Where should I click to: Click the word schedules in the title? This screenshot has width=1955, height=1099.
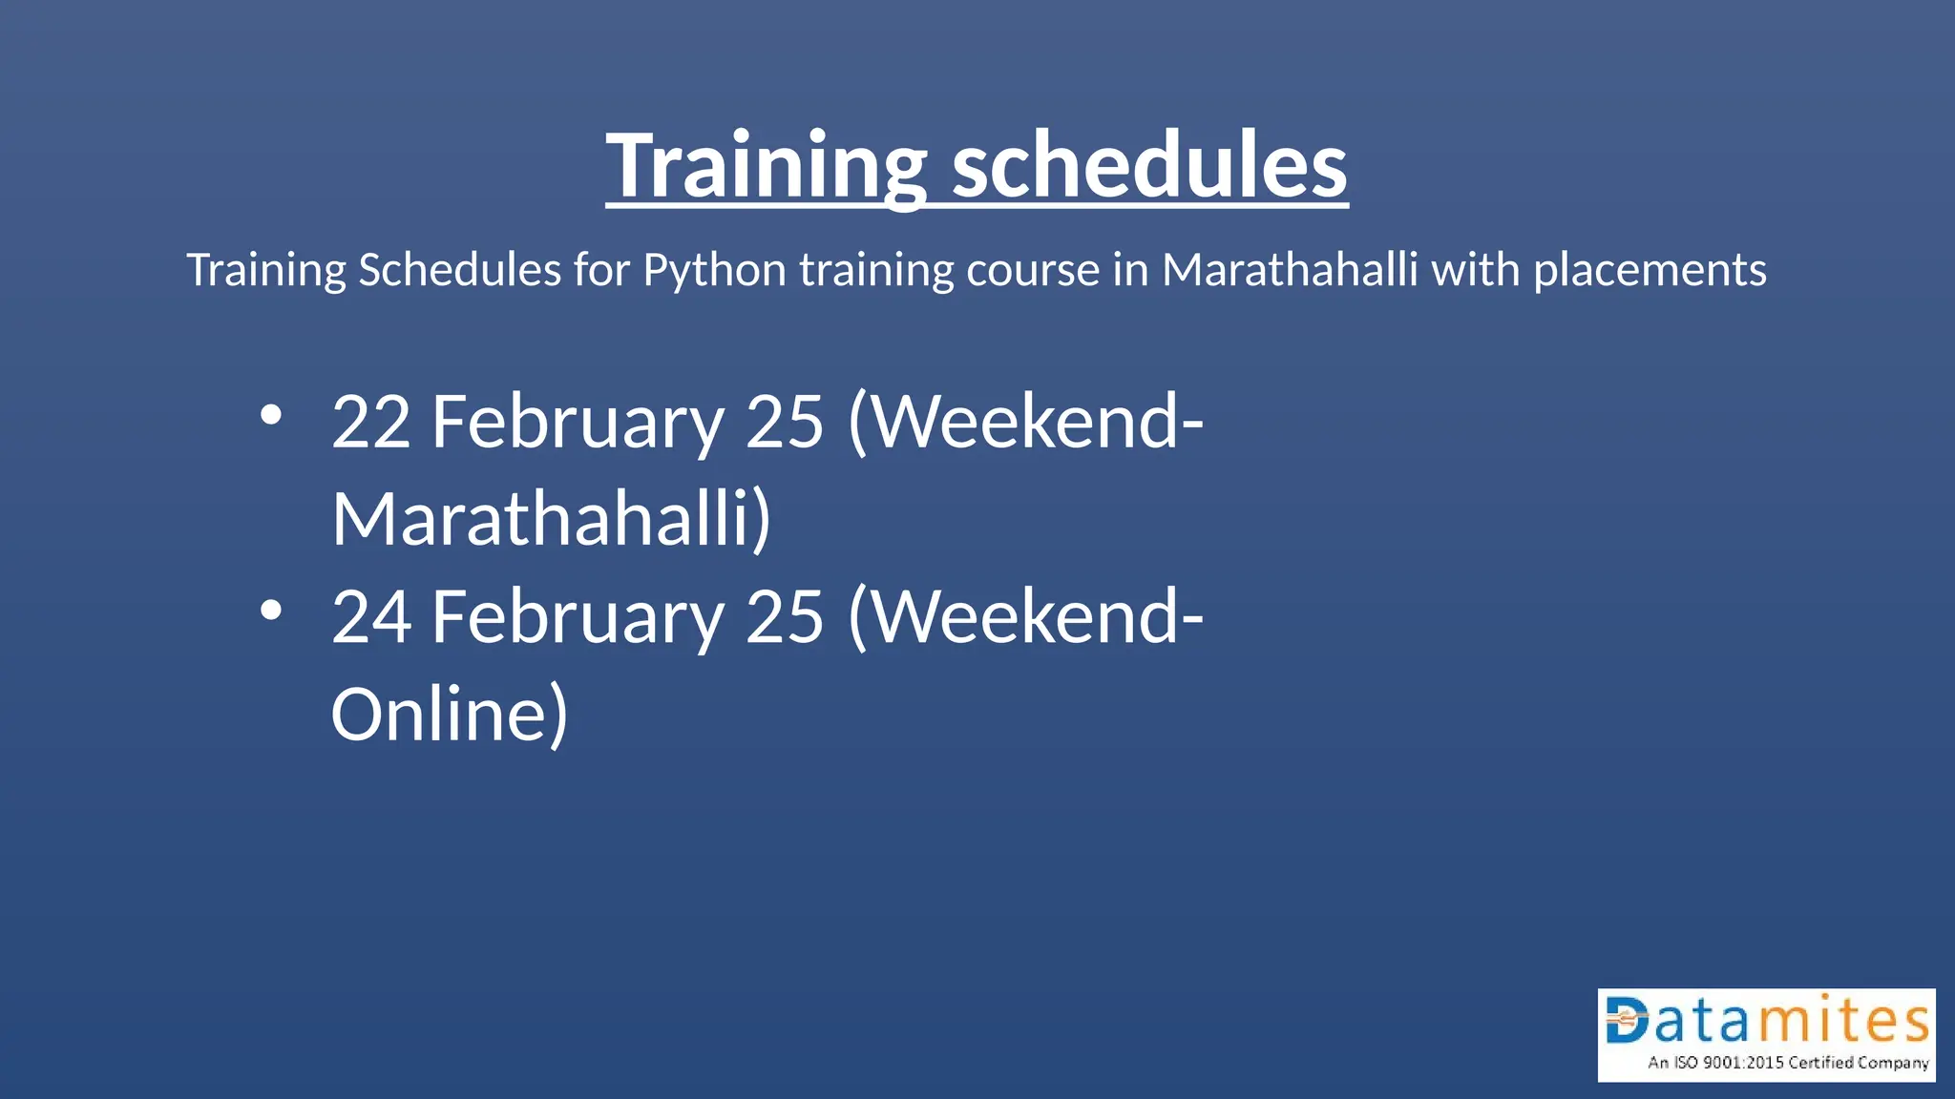[1149, 166]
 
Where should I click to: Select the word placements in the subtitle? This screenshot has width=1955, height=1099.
[1650, 270]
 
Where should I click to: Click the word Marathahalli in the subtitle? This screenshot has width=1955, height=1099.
[1290, 270]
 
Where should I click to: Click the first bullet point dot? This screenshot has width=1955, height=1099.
[271, 416]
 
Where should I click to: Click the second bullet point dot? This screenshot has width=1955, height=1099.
[271, 611]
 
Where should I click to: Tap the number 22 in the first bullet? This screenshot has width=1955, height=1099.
[371, 422]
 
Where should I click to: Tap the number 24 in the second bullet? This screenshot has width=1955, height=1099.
[371, 616]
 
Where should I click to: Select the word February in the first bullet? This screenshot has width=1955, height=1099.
[578, 422]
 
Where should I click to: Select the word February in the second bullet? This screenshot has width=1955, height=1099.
[578, 616]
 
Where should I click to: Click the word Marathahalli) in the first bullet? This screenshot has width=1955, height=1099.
[551, 519]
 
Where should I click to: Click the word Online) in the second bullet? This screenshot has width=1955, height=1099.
[450, 715]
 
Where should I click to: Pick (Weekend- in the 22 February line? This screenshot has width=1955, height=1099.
[1025, 422]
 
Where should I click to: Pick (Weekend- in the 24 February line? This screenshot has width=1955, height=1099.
[1025, 616]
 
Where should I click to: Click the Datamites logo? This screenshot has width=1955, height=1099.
[1766, 1034]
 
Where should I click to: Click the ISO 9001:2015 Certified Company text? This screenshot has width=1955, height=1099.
[1788, 1063]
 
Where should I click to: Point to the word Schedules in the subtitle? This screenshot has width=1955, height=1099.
[459, 270]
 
